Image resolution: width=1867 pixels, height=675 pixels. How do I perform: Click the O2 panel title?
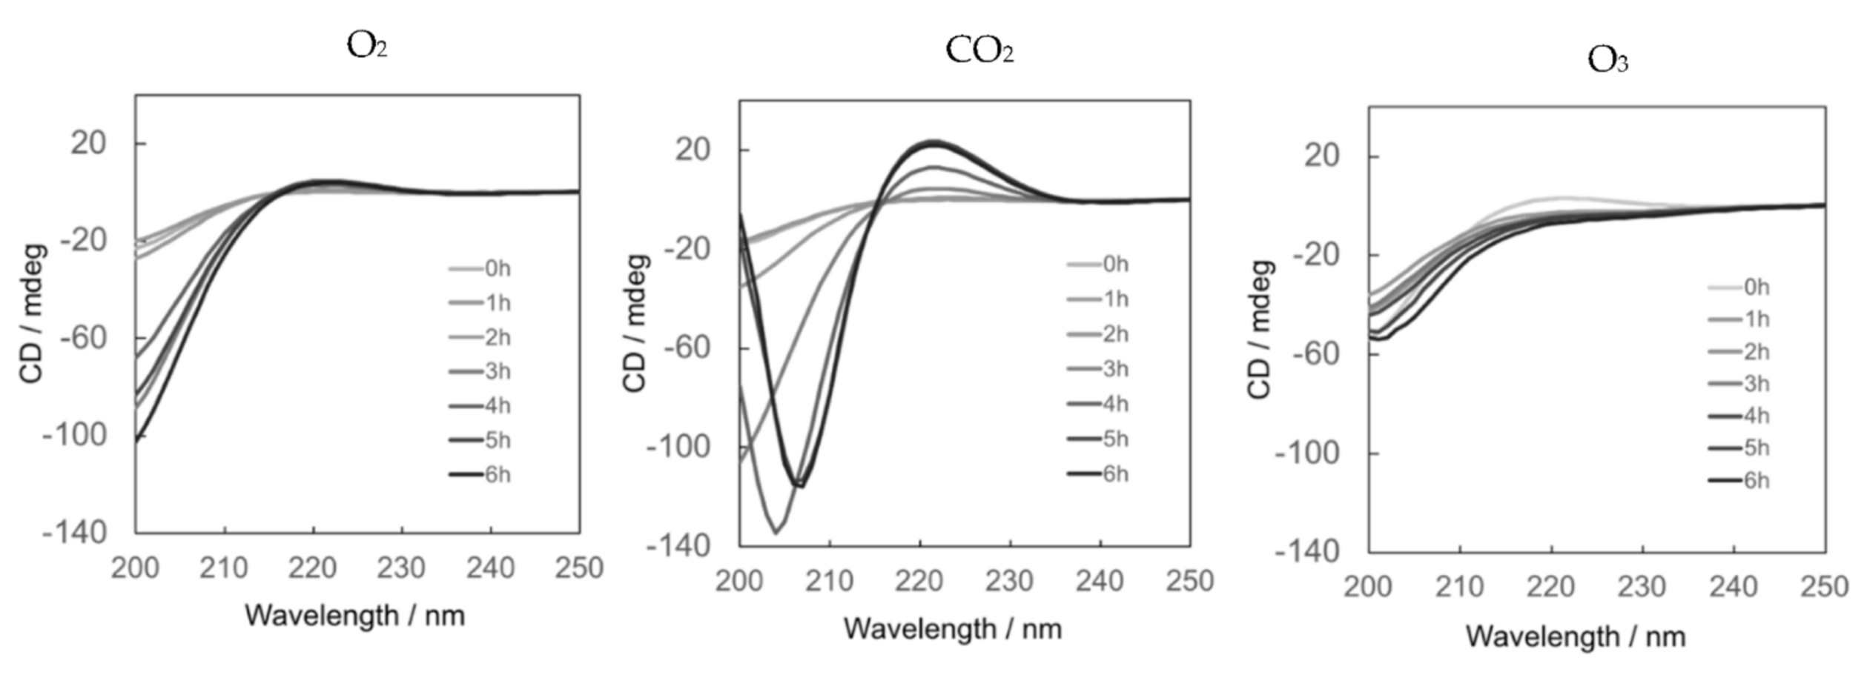coord(367,46)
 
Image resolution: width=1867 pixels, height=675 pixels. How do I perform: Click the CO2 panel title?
coord(979,51)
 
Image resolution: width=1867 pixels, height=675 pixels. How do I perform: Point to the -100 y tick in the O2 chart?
coord(75,435)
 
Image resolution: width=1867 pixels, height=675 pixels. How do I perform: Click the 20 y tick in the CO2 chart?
coord(693,150)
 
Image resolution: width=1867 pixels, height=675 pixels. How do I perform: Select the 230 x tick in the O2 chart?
coord(401,568)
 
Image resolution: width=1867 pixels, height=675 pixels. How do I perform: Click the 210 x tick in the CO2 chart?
coord(829,582)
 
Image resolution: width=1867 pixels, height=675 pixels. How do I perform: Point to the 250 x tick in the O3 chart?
coord(1824,588)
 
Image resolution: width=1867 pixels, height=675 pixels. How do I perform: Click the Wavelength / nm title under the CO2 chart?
coord(952,629)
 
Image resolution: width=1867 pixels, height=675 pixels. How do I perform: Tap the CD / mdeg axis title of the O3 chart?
coord(1260,330)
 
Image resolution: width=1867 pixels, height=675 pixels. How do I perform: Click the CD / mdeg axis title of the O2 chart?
coord(32,314)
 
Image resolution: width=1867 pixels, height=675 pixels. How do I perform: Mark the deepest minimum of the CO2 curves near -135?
coord(776,533)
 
